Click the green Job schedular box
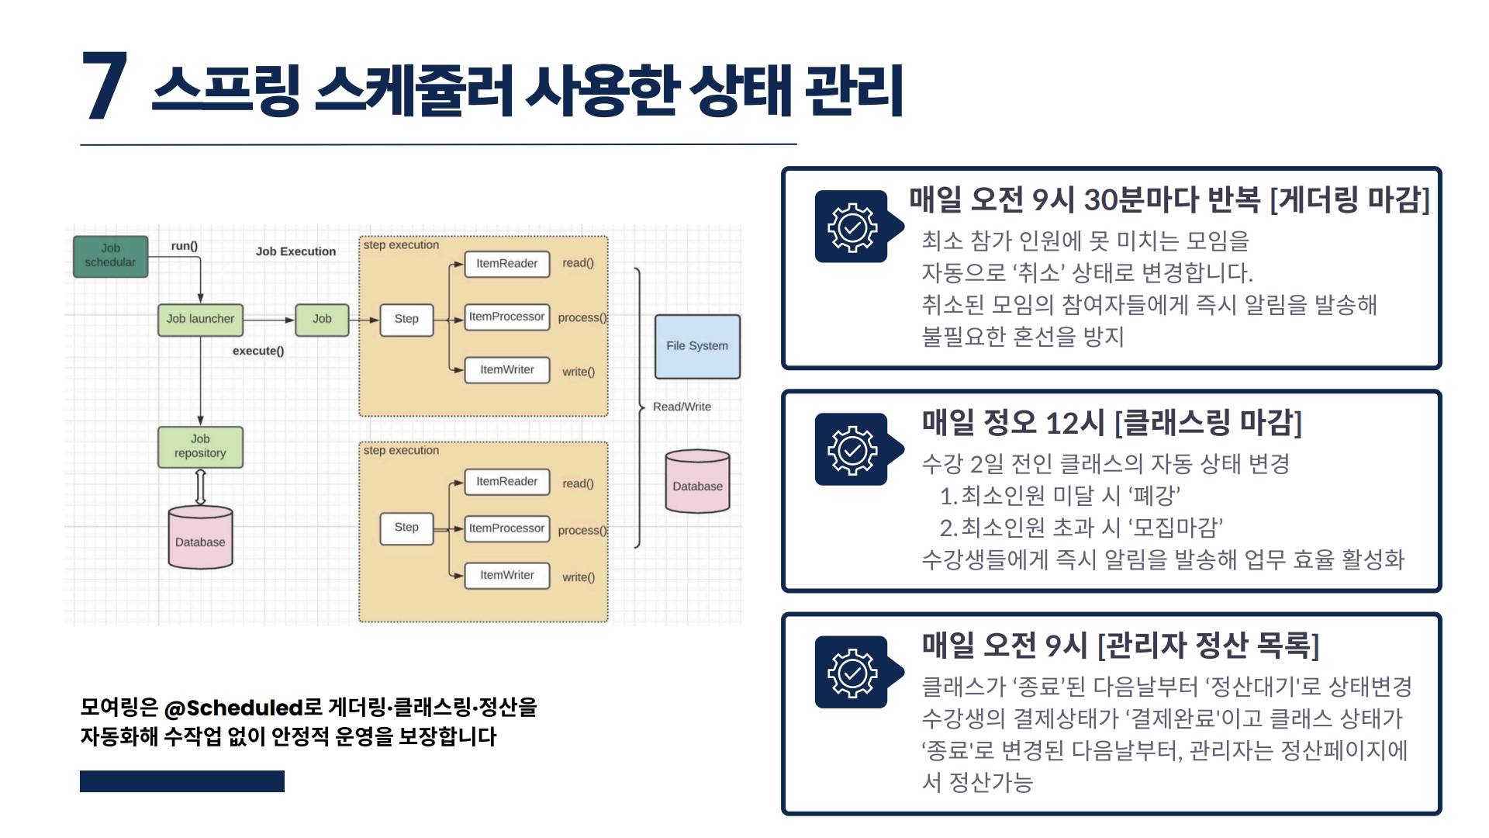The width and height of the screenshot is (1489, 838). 110,256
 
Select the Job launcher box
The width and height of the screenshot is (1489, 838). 200,319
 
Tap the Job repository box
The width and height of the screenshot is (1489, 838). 200,446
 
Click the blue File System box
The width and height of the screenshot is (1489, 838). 697,346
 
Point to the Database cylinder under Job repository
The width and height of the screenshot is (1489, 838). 200,538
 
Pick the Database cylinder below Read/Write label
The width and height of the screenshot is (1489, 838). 697,483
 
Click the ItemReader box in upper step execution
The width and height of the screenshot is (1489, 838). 506,264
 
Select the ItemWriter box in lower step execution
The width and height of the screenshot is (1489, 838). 506,575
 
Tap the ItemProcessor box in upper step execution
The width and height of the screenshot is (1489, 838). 506,317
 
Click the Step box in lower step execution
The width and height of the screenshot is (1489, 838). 406,528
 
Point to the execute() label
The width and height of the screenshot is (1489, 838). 258,351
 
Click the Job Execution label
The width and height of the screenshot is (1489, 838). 295,251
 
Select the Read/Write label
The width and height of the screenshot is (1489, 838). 682,407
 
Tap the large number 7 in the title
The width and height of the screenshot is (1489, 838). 105,87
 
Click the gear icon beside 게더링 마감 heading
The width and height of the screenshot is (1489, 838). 852,227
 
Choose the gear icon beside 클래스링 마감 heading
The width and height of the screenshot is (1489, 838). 852,449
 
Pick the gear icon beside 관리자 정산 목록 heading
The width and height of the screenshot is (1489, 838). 852,672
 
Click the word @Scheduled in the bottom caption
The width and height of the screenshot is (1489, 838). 233,708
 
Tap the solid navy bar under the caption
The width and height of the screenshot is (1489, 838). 182,781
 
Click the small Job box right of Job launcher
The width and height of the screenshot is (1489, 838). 322,319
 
